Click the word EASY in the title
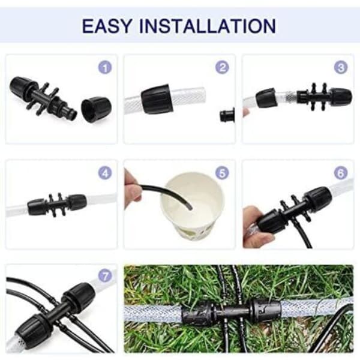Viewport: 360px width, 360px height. tap(107, 26)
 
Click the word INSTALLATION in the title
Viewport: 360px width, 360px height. tap(208, 26)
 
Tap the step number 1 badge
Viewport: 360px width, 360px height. tap(105, 67)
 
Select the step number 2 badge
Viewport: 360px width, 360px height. tap(222, 67)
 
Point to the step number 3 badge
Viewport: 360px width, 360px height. tap(341, 67)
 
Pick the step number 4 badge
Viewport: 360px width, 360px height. tap(105, 173)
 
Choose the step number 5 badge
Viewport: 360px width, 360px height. tap(222, 173)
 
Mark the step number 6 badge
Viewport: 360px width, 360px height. tap(341, 173)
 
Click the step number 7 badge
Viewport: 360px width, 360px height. tap(105, 276)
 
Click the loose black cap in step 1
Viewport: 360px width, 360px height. tap(96, 110)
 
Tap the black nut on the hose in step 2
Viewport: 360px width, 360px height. tap(156, 99)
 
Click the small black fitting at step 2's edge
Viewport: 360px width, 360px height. tap(227, 115)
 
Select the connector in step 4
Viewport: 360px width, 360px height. tap(57, 205)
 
